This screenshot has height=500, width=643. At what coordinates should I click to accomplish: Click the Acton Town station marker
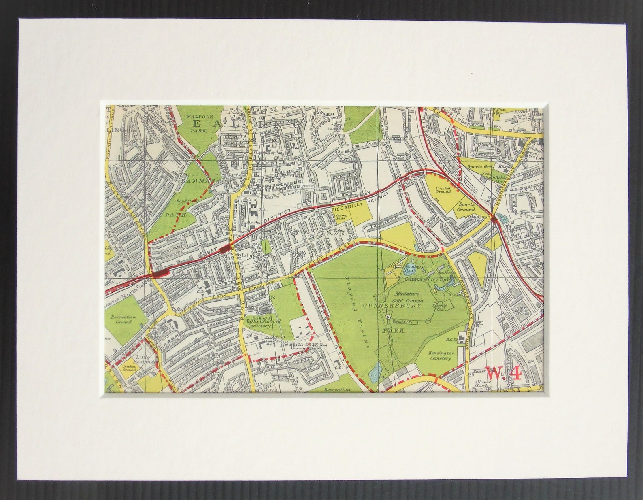click(494, 217)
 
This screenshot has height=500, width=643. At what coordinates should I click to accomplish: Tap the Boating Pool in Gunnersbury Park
click(412, 267)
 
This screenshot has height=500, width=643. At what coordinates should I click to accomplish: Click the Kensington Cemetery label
click(440, 355)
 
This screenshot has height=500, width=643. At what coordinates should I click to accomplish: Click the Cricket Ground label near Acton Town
click(444, 189)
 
